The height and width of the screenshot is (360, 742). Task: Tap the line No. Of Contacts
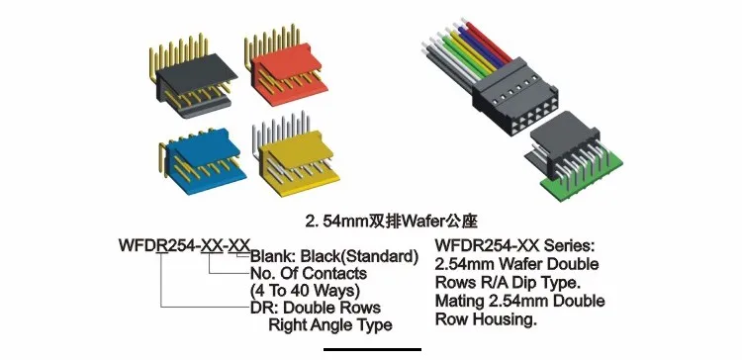click(309, 273)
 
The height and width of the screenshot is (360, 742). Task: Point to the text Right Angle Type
click(331, 324)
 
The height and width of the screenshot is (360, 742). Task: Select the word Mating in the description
click(463, 300)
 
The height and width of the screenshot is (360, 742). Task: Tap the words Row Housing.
click(485, 318)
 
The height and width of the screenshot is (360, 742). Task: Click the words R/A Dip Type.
click(524, 282)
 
